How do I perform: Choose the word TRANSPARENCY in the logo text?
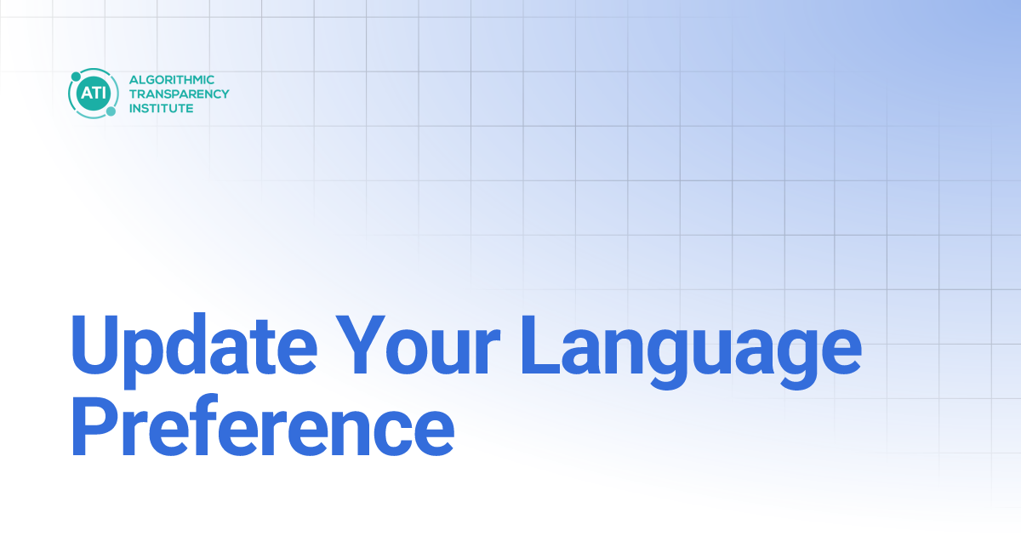pos(179,94)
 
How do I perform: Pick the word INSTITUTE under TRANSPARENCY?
pos(161,108)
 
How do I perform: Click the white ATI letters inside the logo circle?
pos(89,94)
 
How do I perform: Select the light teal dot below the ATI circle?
pos(111,111)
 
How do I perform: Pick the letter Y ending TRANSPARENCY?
pos(225,94)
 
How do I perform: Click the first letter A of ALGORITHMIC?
pos(133,79)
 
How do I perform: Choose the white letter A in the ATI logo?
pos(83,94)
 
